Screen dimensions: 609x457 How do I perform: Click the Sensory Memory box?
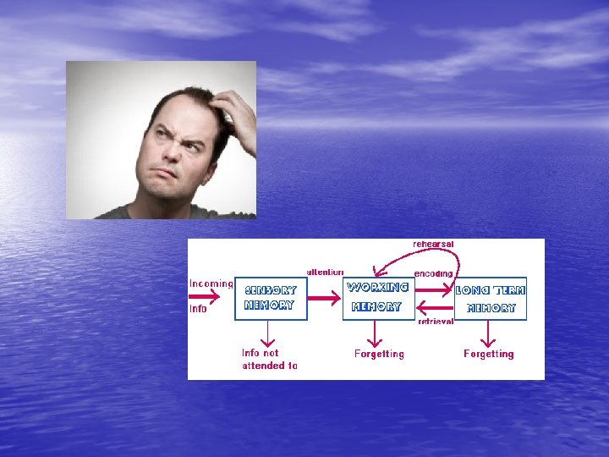pos(271,298)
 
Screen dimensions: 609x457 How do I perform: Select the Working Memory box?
pos(379,298)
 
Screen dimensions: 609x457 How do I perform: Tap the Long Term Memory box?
pos(491,298)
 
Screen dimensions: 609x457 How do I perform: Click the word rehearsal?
pos(433,244)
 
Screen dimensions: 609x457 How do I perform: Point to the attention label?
pos(325,272)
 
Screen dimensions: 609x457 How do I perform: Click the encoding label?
pos(433,273)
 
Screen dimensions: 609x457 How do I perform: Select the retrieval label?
pos(436,322)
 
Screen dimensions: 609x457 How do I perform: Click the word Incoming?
pos(211,284)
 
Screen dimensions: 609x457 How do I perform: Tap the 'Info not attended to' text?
pos(270,359)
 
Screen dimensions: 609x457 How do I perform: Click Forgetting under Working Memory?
pos(379,354)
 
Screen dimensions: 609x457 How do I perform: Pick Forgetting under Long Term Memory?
pos(488,354)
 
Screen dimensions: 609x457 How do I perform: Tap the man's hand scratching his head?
pos(233,114)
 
